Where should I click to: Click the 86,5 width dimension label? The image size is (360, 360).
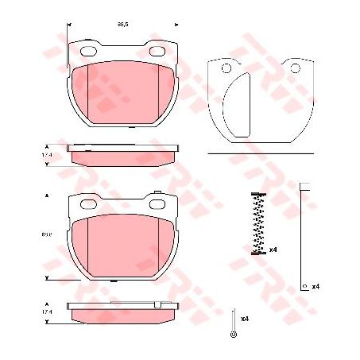(122, 25)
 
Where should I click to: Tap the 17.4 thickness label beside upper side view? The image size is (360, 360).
(47, 156)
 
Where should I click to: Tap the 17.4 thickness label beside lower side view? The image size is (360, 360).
(47, 311)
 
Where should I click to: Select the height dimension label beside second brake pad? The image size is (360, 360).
(47, 235)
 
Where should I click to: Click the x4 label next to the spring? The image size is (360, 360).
(273, 250)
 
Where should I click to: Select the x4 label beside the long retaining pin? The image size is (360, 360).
(315, 286)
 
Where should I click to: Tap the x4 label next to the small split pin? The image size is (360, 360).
(246, 319)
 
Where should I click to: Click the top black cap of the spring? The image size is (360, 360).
(257, 195)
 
